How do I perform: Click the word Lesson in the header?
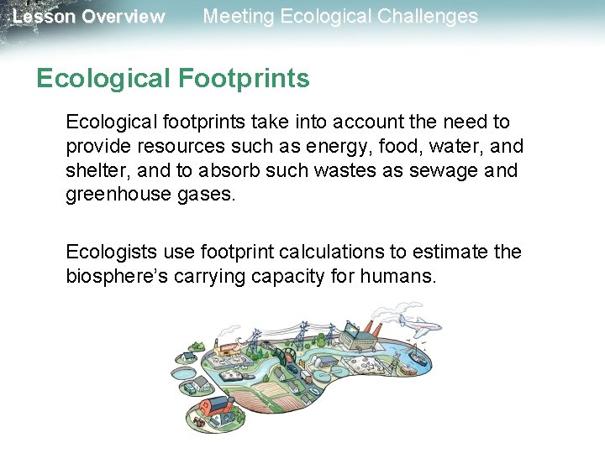(x=43, y=17)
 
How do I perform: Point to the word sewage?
(x=452, y=169)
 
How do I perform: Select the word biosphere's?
(x=117, y=276)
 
